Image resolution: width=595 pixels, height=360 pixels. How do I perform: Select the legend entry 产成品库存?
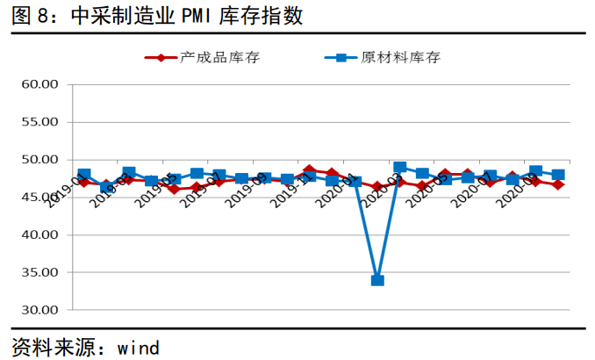tap(219, 58)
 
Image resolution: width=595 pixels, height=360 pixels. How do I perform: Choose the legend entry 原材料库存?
tap(400, 58)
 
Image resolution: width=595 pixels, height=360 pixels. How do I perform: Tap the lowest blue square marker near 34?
tap(377, 280)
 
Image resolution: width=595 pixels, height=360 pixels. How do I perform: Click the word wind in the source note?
tap(137, 346)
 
